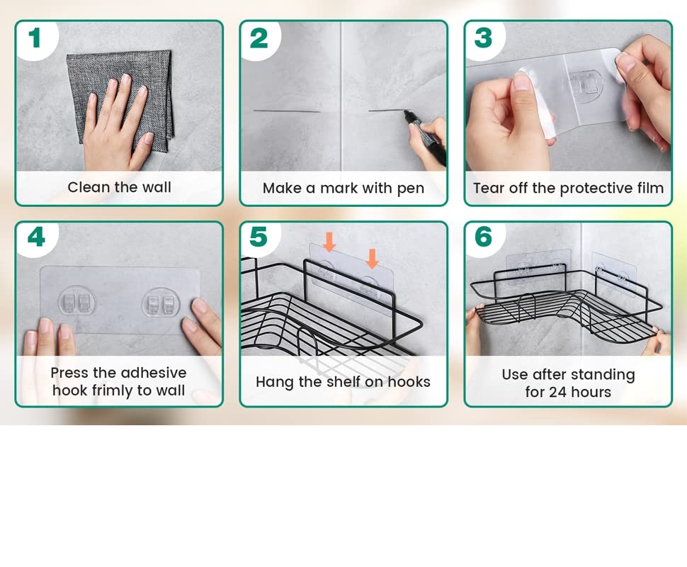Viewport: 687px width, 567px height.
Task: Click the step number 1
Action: pos(35,38)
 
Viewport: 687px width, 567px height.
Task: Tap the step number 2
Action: pos(259,38)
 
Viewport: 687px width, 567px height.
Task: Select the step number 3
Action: pos(483,38)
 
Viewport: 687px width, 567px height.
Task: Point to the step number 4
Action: pos(36,237)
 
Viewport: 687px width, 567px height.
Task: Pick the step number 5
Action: pos(259,237)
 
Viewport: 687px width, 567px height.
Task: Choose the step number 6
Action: pos(483,237)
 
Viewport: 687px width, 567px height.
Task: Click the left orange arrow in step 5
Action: pos(329,242)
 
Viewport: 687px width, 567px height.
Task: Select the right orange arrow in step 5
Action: pos(372,259)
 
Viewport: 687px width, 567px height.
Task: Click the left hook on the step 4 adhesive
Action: pos(77,301)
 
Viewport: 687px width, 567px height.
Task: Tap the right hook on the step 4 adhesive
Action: pos(161,303)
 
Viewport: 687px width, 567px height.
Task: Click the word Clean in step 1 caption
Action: pos(89,187)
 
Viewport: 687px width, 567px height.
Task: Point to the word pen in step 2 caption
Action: pos(411,189)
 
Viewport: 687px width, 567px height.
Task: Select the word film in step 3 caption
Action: pos(651,188)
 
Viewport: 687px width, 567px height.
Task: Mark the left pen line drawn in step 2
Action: pos(287,111)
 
